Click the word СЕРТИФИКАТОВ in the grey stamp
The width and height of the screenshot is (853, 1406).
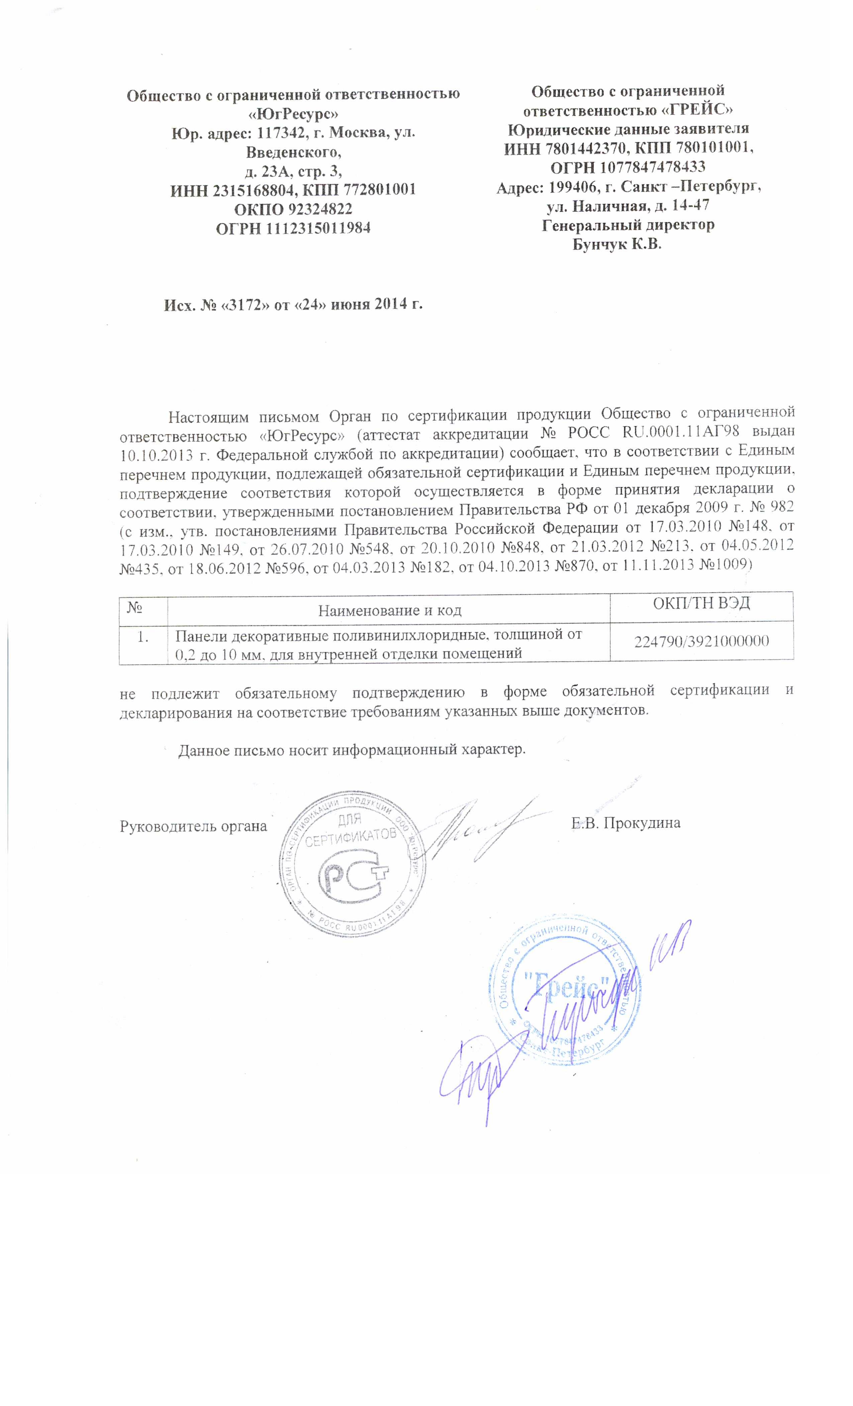click(x=350, y=840)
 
